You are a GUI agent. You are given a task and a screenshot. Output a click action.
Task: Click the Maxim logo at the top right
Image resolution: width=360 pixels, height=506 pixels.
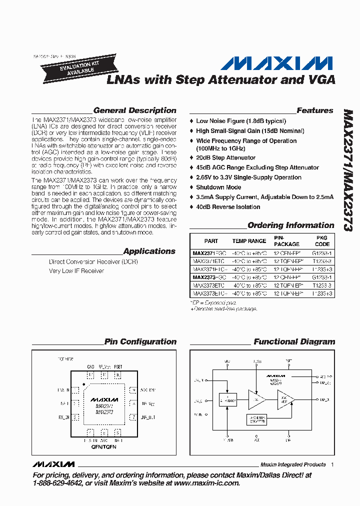pyautogui.click(x=276, y=63)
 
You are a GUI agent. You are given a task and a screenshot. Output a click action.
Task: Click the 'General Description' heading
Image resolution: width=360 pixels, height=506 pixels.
pyautogui.click(x=134, y=110)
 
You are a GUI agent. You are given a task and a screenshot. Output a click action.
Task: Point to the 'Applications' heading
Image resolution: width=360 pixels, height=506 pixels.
pyautogui.click(x=149, y=251)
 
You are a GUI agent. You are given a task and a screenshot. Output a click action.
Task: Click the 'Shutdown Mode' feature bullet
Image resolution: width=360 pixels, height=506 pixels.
pyautogui.click(x=218, y=187)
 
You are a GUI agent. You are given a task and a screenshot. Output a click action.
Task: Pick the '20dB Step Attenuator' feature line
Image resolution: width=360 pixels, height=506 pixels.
pyautogui.click(x=225, y=157)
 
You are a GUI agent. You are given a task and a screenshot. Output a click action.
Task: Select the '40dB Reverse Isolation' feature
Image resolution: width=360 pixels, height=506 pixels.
pyautogui.click(x=228, y=207)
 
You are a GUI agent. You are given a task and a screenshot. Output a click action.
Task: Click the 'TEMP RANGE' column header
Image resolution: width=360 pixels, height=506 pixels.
pyautogui.click(x=249, y=241)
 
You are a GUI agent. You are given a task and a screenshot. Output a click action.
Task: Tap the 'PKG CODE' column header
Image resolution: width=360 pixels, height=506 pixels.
pyautogui.click(x=322, y=241)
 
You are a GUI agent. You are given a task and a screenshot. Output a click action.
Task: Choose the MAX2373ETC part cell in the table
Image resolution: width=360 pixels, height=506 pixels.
pyautogui.click(x=208, y=285)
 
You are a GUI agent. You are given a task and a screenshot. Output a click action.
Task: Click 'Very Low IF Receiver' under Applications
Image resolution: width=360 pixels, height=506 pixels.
pyautogui.click(x=76, y=271)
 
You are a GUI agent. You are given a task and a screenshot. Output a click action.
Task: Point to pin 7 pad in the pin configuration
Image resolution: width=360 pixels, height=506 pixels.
pyautogui.click(x=133, y=416)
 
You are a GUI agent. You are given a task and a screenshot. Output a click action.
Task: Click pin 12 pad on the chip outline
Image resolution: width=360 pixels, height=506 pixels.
pyautogui.click(x=90, y=375)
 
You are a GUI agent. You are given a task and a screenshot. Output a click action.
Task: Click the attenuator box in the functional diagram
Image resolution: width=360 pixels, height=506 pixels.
pyautogui.click(x=228, y=399)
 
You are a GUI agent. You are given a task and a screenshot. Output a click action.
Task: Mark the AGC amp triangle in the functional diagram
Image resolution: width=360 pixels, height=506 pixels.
pyautogui.click(x=285, y=399)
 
